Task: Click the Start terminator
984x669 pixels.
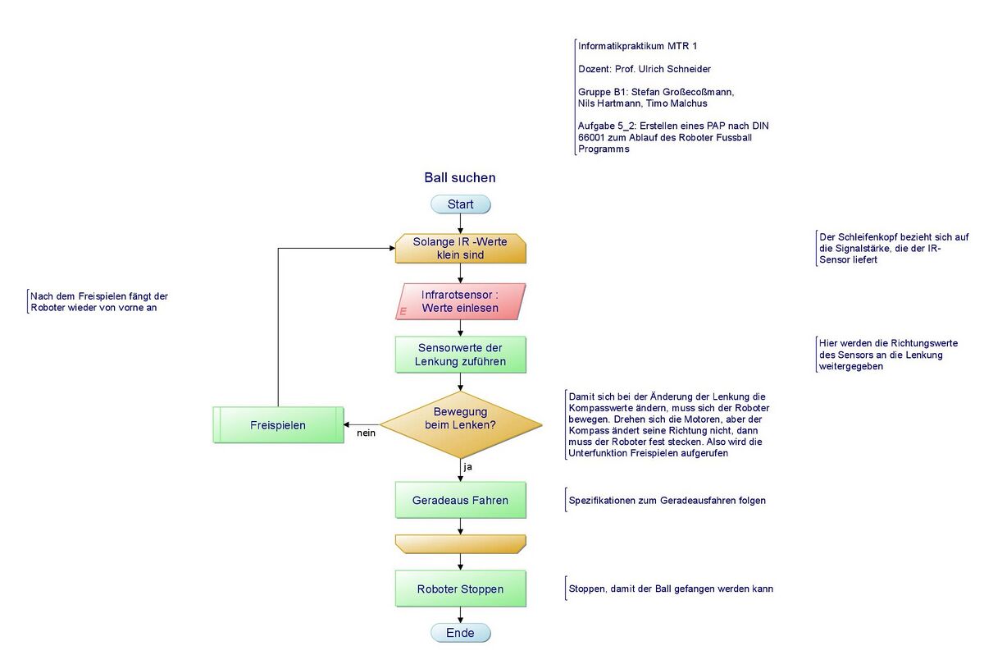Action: pyautogui.click(x=460, y=204)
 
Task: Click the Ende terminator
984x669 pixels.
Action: pyautogui.click(x=460, y=632)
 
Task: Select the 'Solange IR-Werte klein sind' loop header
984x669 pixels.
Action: pyautogui.click(x=460, y=249)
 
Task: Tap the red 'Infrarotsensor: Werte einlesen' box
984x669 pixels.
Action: pyautogui.click(x=460, y=301)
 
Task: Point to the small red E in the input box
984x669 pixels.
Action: pyautogui.click(x=403, y=312)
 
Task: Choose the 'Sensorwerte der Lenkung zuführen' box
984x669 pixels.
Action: pyautogui.click(x=460, y=355)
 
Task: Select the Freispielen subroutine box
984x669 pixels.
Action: pyautogui.click(x=278, y=425)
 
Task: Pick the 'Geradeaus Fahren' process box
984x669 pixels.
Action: pyautogui.click(x=460, y=500)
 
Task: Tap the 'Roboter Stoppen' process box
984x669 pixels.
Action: pyautogui.click(x=460, y=589)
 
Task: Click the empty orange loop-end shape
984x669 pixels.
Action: pyautogui.click(x=460, y=544)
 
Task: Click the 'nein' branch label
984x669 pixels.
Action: pyautogui.click(x=366, y=433)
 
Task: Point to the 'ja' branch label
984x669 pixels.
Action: pyautogui.click(x=468, y=467)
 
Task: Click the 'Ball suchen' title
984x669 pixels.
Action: pyautogui.click(x=460, y=178)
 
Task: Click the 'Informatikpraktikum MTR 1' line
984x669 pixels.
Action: pyautogui.click(x=637, y=46)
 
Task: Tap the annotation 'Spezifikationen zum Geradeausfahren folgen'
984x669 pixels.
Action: pyautogui.click(x=667, y=500)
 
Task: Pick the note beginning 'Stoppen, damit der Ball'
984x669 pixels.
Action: pyautogui.click(x=670, y=589)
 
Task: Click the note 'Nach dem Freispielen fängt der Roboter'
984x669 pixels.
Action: pyautogui.click(x=99, y=302)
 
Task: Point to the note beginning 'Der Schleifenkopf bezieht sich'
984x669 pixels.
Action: pyautogui.click(x=893, y=248)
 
